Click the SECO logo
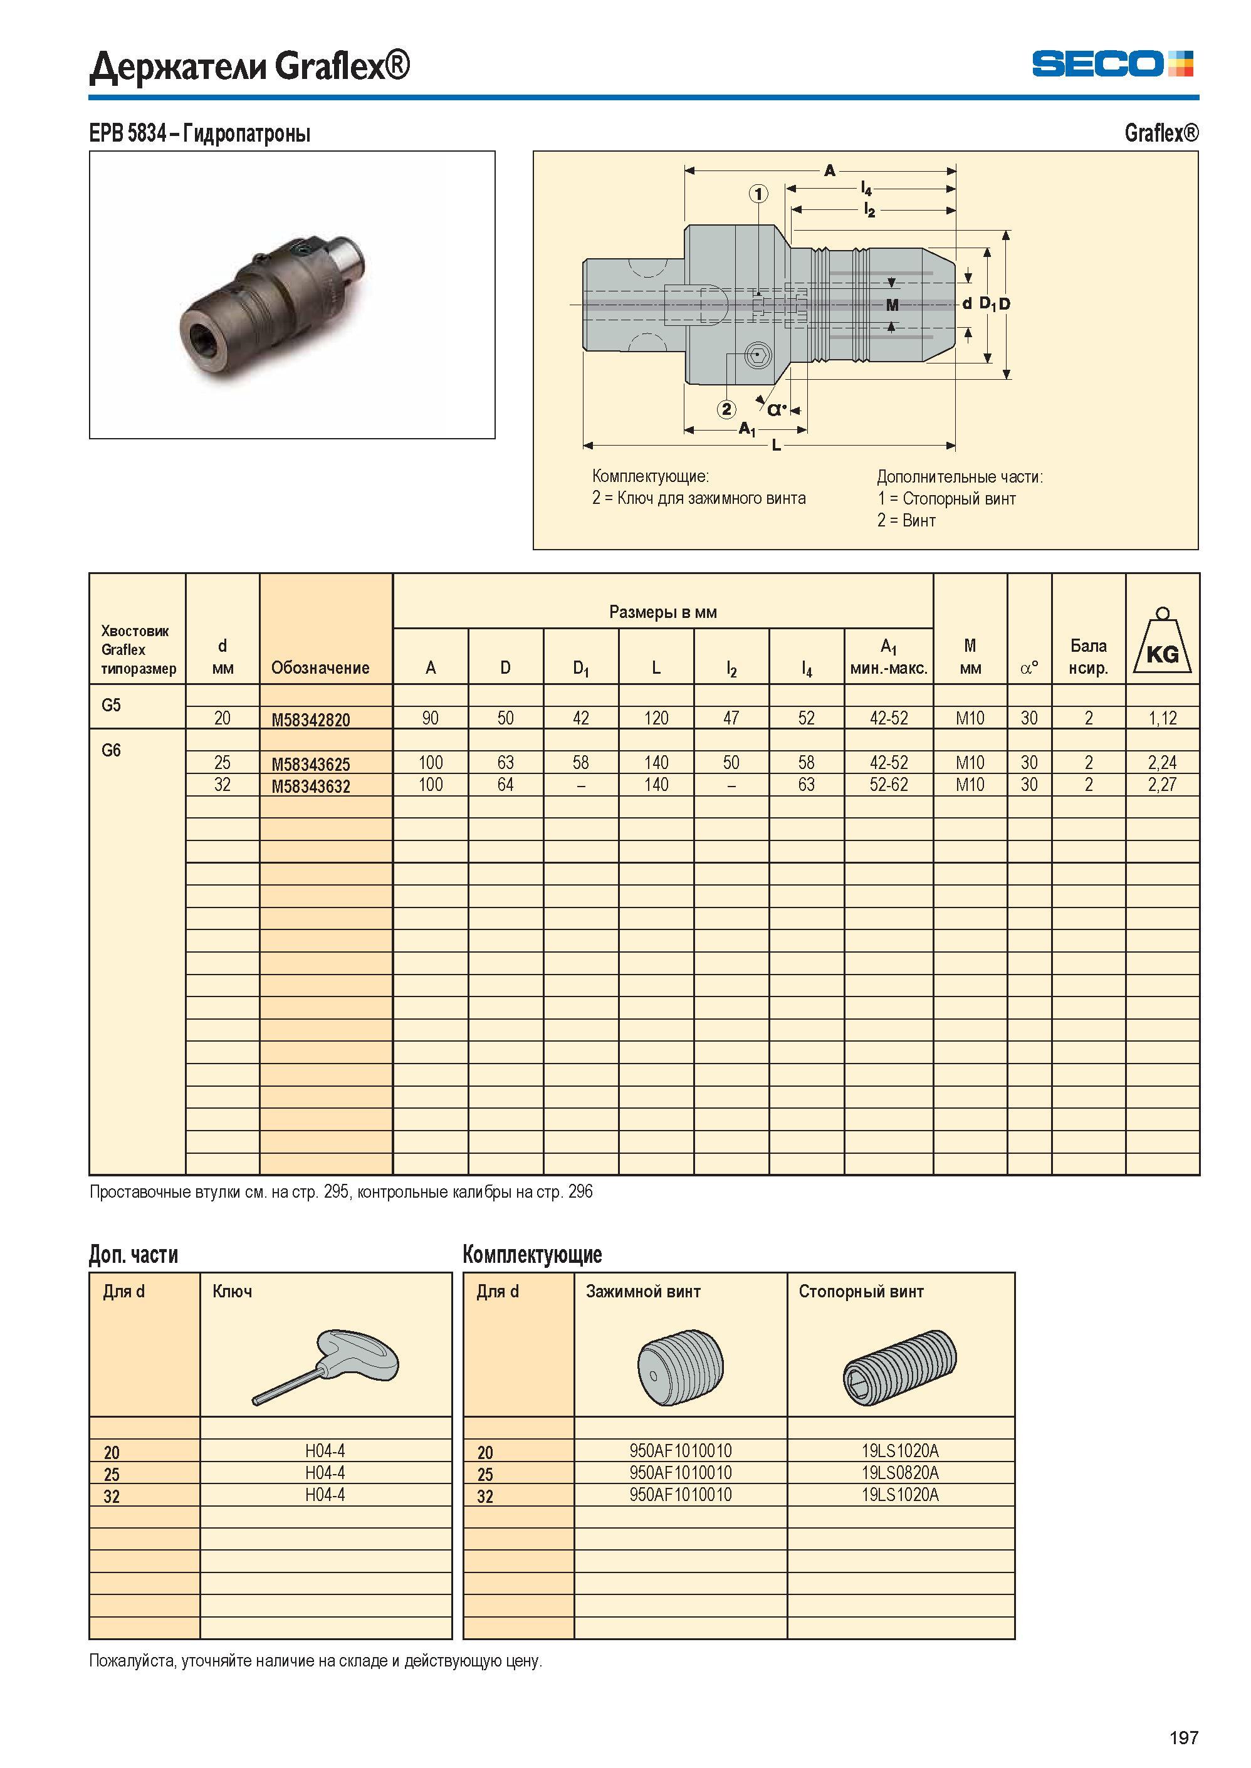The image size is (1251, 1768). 1112,64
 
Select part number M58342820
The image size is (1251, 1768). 310,720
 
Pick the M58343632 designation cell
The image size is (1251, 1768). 310,787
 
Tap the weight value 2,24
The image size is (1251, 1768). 1161,763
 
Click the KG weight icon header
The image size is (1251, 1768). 1161,641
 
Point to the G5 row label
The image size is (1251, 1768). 111,705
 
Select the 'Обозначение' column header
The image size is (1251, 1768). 320,668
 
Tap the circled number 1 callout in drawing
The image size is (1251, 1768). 759,194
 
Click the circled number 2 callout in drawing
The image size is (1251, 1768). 726,409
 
